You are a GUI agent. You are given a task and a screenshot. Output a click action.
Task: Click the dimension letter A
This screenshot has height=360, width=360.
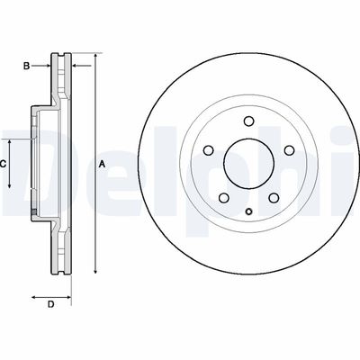click(x=102, y=164)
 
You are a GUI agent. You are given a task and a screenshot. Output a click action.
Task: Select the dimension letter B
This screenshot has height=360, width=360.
click(x=27, y=66)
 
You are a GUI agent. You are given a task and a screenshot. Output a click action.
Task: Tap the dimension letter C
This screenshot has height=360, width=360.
click(x=4, y=164)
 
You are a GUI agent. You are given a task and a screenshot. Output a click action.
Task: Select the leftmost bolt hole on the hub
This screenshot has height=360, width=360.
click(x=206, y=151)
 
